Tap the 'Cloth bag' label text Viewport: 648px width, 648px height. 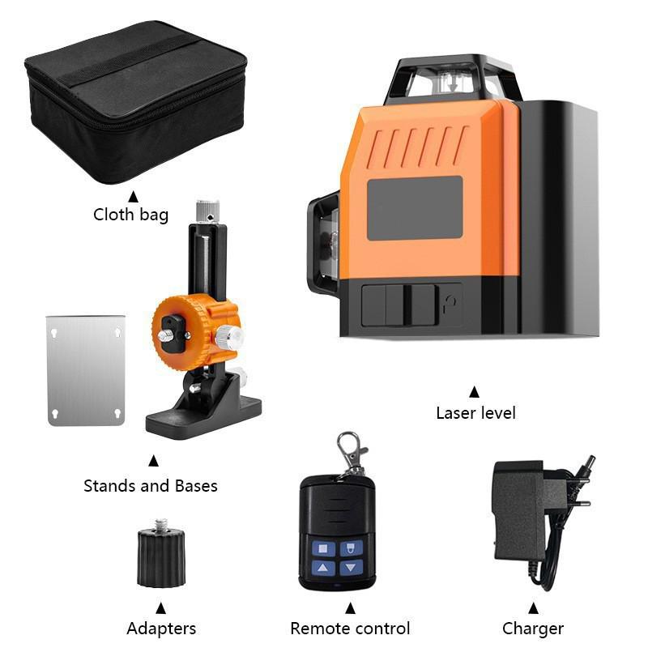point(130,215)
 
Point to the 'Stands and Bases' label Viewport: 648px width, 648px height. point(151,486)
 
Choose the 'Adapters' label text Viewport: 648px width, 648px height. point(161,629)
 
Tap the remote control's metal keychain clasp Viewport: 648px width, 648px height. point(351,451)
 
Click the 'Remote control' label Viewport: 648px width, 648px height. point(350,629)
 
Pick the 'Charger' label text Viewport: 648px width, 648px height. point(533,629)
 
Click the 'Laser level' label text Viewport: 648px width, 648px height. point(475,413)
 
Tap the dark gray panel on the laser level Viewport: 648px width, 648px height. point(415,208)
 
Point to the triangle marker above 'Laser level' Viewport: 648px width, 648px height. point(475,391)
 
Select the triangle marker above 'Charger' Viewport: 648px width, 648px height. point(533,607)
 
